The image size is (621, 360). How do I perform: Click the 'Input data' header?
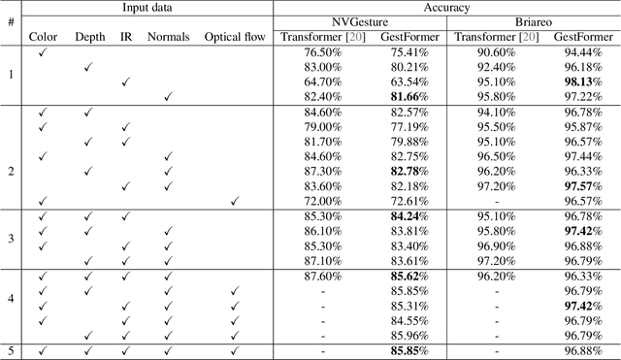(x=143, y=7)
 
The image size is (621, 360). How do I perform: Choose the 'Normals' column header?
(x=169, y=37)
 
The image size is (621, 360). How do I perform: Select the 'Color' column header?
(x=43, y=37)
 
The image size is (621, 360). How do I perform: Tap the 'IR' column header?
(x=125, y=37)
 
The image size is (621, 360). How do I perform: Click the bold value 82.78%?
(x=409, y=171)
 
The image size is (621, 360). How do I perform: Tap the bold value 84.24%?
(x=409, y=215)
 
